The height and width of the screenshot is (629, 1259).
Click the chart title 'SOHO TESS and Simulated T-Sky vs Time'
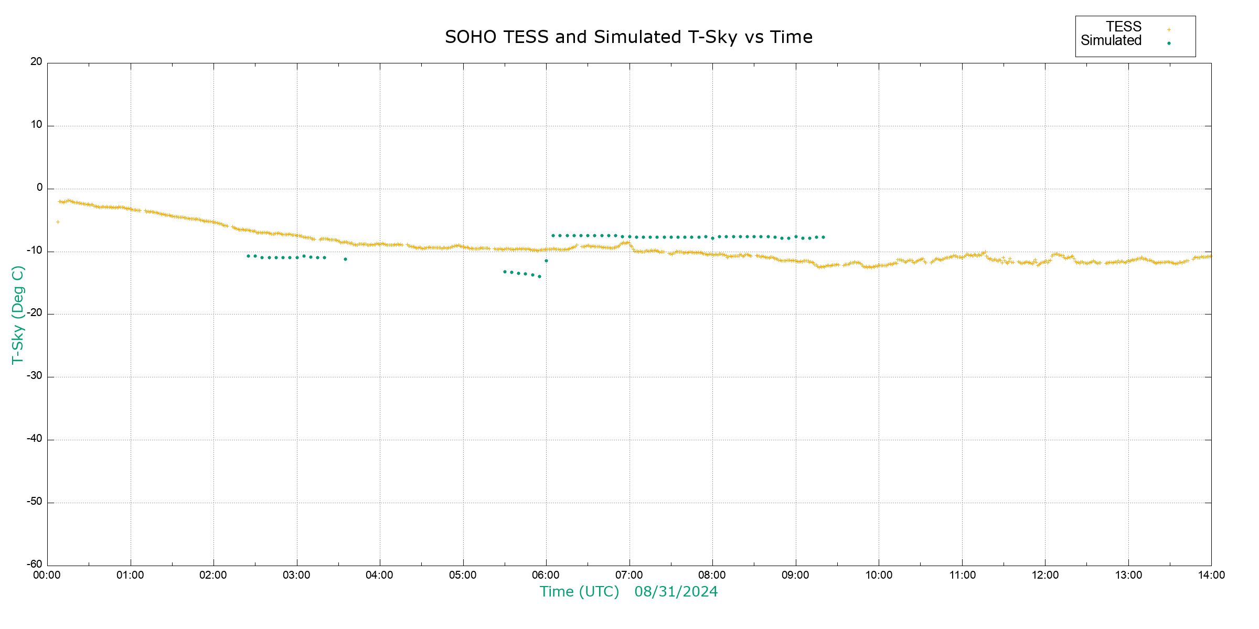click(x=628, y=37)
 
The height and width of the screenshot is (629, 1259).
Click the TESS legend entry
click(x=1124, y=27)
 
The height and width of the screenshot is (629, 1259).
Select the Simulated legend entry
click(x=1111, y=41)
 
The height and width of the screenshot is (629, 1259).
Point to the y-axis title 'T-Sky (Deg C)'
click(x=18, y=315)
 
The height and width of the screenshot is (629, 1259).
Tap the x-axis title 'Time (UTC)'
click(x=579, y=592)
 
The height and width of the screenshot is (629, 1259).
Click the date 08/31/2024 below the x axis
click(x=676, y=592)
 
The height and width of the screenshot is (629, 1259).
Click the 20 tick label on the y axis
click(x=36, y=62)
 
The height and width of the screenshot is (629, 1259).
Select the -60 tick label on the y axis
click(x=35, y=565)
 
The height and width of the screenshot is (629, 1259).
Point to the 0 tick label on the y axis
click(x=39, y=188)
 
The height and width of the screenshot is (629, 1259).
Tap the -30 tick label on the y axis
click(x=35, y=376)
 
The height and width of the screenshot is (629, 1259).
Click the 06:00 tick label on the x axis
click(x=546, y=576)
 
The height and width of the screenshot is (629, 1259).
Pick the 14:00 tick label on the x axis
click(x=1211, y=576)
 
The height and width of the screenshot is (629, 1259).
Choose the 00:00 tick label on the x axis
click(x=47, y=576)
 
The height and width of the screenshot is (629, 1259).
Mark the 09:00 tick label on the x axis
click(x=795, y=576)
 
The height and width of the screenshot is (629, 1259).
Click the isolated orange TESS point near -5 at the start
click(x=58, y=222)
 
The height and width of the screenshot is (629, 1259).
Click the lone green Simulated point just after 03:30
click(x=345, y=259)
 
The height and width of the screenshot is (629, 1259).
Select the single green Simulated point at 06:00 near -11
click(x=546, y=261)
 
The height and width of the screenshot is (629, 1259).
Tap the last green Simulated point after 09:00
click(x=823, y=237)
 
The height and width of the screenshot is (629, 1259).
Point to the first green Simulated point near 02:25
click(x=248, y=256)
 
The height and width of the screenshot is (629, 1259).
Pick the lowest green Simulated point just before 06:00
click(x=539, y=276)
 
